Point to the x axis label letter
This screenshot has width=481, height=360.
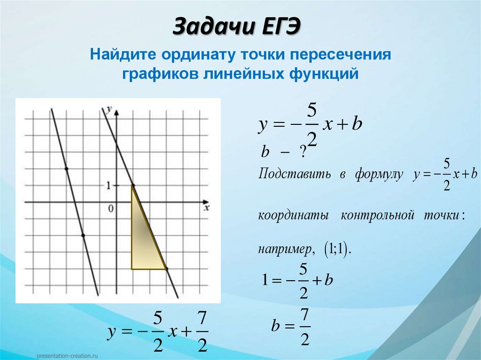click(x=206, y=207)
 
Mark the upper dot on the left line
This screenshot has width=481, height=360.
click(x=66, y=169)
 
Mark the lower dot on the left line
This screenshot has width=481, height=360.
click(x=83, y=235)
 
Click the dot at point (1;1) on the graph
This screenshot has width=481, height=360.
click(x=133, y=185)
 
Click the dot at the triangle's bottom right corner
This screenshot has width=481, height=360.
click(x=166, y=269)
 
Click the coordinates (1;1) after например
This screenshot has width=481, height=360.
click(x=336, y=249)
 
